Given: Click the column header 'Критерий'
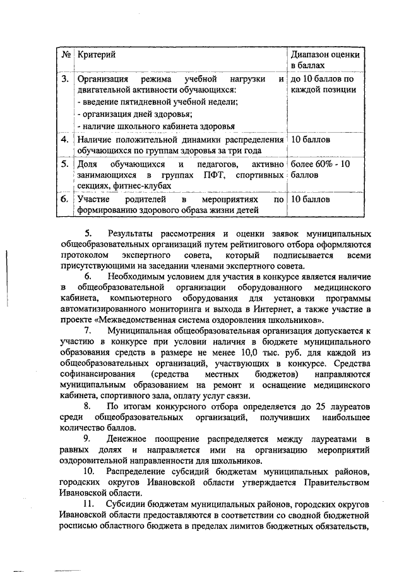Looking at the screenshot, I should [95, 55].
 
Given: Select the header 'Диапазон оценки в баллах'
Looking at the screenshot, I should [325, 60].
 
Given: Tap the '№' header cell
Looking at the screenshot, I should [66, 55].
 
